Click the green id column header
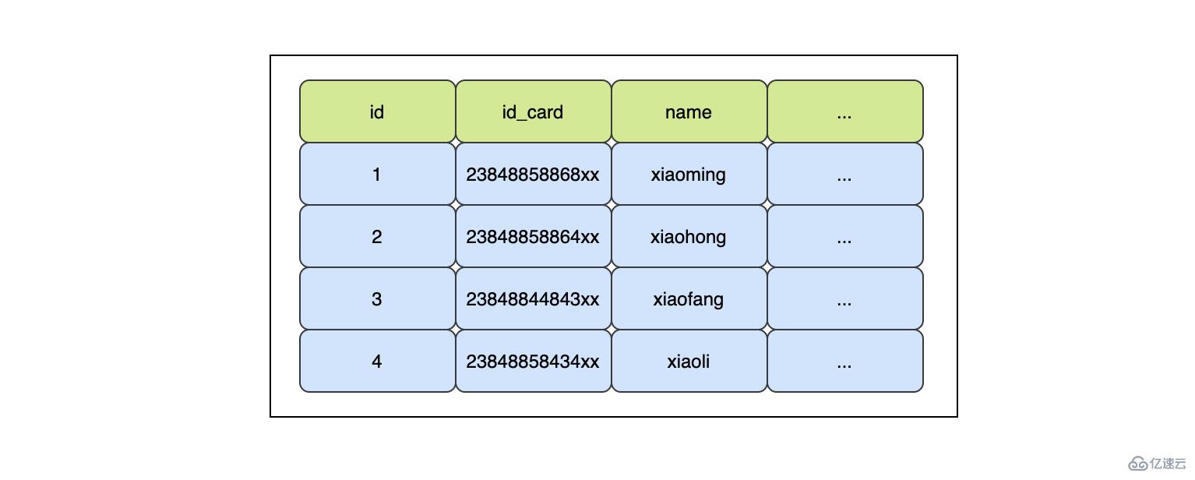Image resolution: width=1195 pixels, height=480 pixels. point(377,111)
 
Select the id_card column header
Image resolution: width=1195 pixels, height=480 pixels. point(533,111)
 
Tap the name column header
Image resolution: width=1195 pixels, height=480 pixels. point(689,111)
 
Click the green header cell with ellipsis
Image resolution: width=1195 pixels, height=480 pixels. point(844,111)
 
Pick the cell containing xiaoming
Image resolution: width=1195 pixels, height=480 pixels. point(689,174)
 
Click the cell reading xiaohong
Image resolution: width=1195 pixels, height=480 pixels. point(689,236)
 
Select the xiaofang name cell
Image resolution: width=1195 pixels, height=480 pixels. point(689,298)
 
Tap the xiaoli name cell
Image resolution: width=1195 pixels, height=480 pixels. point(689,361)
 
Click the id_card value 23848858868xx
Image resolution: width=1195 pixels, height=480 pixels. point(533,174)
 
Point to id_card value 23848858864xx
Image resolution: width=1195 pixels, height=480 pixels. point(533,236)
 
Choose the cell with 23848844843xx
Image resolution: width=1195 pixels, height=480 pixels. point(533,298)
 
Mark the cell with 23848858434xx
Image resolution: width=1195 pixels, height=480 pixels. point(533,361)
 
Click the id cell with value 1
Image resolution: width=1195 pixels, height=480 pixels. point(377,174)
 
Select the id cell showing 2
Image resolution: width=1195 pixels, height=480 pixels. point(377,236)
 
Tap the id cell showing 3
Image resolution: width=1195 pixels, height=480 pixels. point(377,298)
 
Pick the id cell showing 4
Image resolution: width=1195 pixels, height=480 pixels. point(377,361)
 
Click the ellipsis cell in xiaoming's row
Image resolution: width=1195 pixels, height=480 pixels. point(844,174)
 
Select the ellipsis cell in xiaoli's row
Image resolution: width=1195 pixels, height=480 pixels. point(844,361)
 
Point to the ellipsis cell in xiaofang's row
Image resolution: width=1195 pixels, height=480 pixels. point(844,298)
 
